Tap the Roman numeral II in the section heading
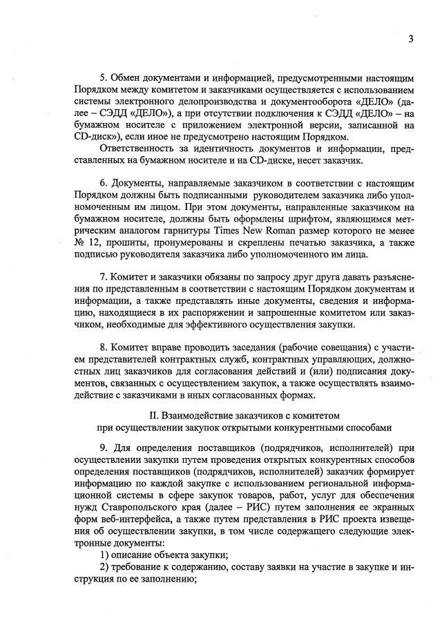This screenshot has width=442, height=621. coord(155,415)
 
